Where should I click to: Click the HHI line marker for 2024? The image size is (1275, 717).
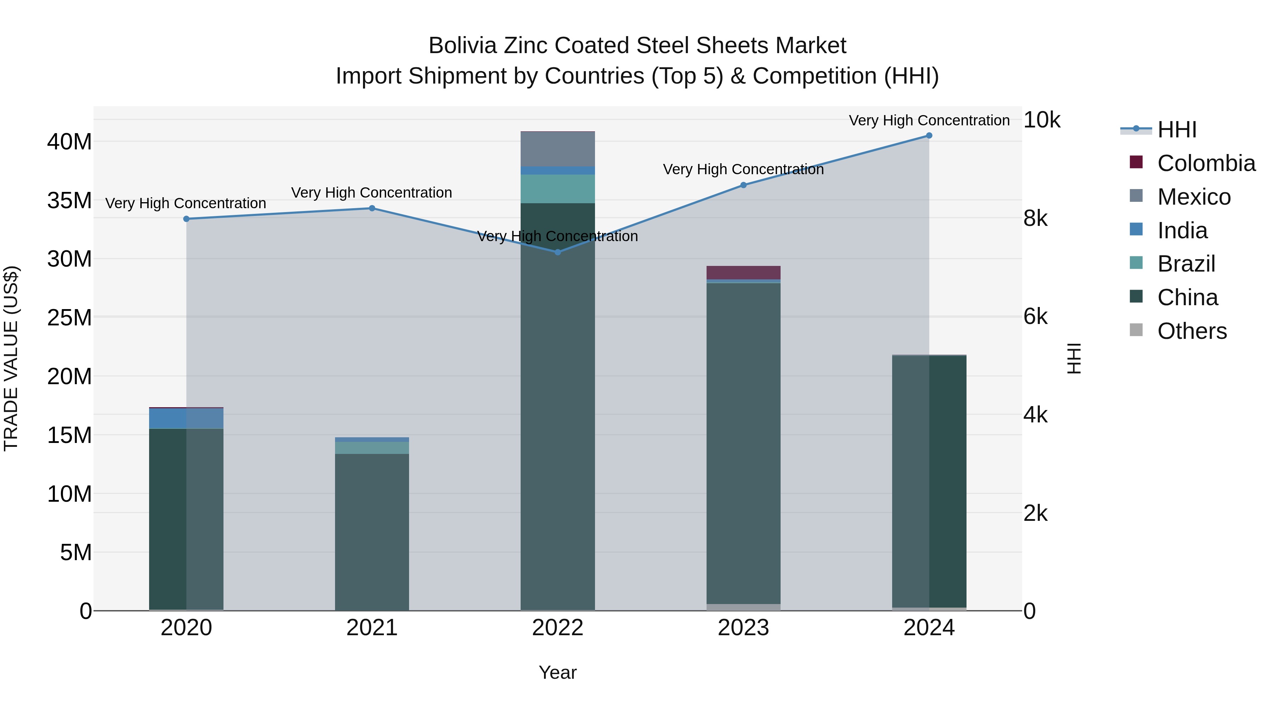coord(929,136)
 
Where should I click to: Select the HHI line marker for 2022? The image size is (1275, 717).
coord(557,252)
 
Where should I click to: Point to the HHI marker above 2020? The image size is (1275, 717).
coord(187,219)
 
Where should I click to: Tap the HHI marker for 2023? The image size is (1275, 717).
coord(743,185)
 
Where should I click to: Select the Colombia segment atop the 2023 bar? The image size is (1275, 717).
coord(743,273)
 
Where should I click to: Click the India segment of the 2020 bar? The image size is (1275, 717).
coord(168,418)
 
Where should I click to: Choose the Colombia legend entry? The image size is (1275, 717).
coord(1206,163)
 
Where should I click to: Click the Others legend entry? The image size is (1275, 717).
coord(1192,331)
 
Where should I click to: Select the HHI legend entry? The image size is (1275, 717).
coord(1177,130)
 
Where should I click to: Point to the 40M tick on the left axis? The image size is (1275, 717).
coord(69,142)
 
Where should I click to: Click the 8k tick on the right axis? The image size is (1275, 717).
coord(1036,218)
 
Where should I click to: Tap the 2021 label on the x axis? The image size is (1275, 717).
coord(372,628)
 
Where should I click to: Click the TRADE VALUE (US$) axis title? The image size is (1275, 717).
coord(11,358)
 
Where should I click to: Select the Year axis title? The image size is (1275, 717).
coord(557,672)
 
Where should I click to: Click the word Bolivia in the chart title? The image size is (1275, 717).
coord(462,46)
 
